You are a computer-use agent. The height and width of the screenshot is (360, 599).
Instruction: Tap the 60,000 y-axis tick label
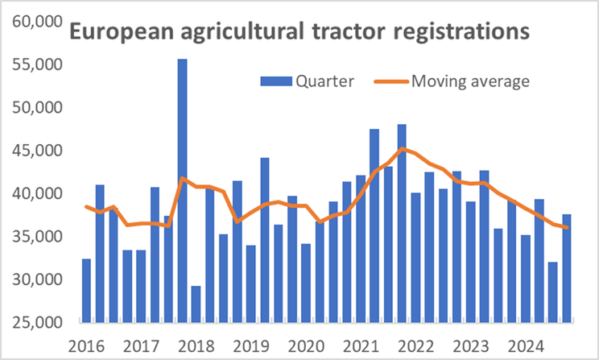(x=38, y=22)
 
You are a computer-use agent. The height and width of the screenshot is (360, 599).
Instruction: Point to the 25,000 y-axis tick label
(x=38, y=323)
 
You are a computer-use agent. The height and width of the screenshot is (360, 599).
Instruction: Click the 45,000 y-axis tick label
(x=38, y=151)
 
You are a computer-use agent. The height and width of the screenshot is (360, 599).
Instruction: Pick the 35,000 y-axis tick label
(x=38, y=237)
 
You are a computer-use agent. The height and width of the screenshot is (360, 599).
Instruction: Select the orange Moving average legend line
(x=392, y=81)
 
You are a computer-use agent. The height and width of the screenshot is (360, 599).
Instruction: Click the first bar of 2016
(x=86, y=290)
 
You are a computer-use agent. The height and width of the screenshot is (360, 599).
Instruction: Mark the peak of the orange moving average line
(x=402, y=148)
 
